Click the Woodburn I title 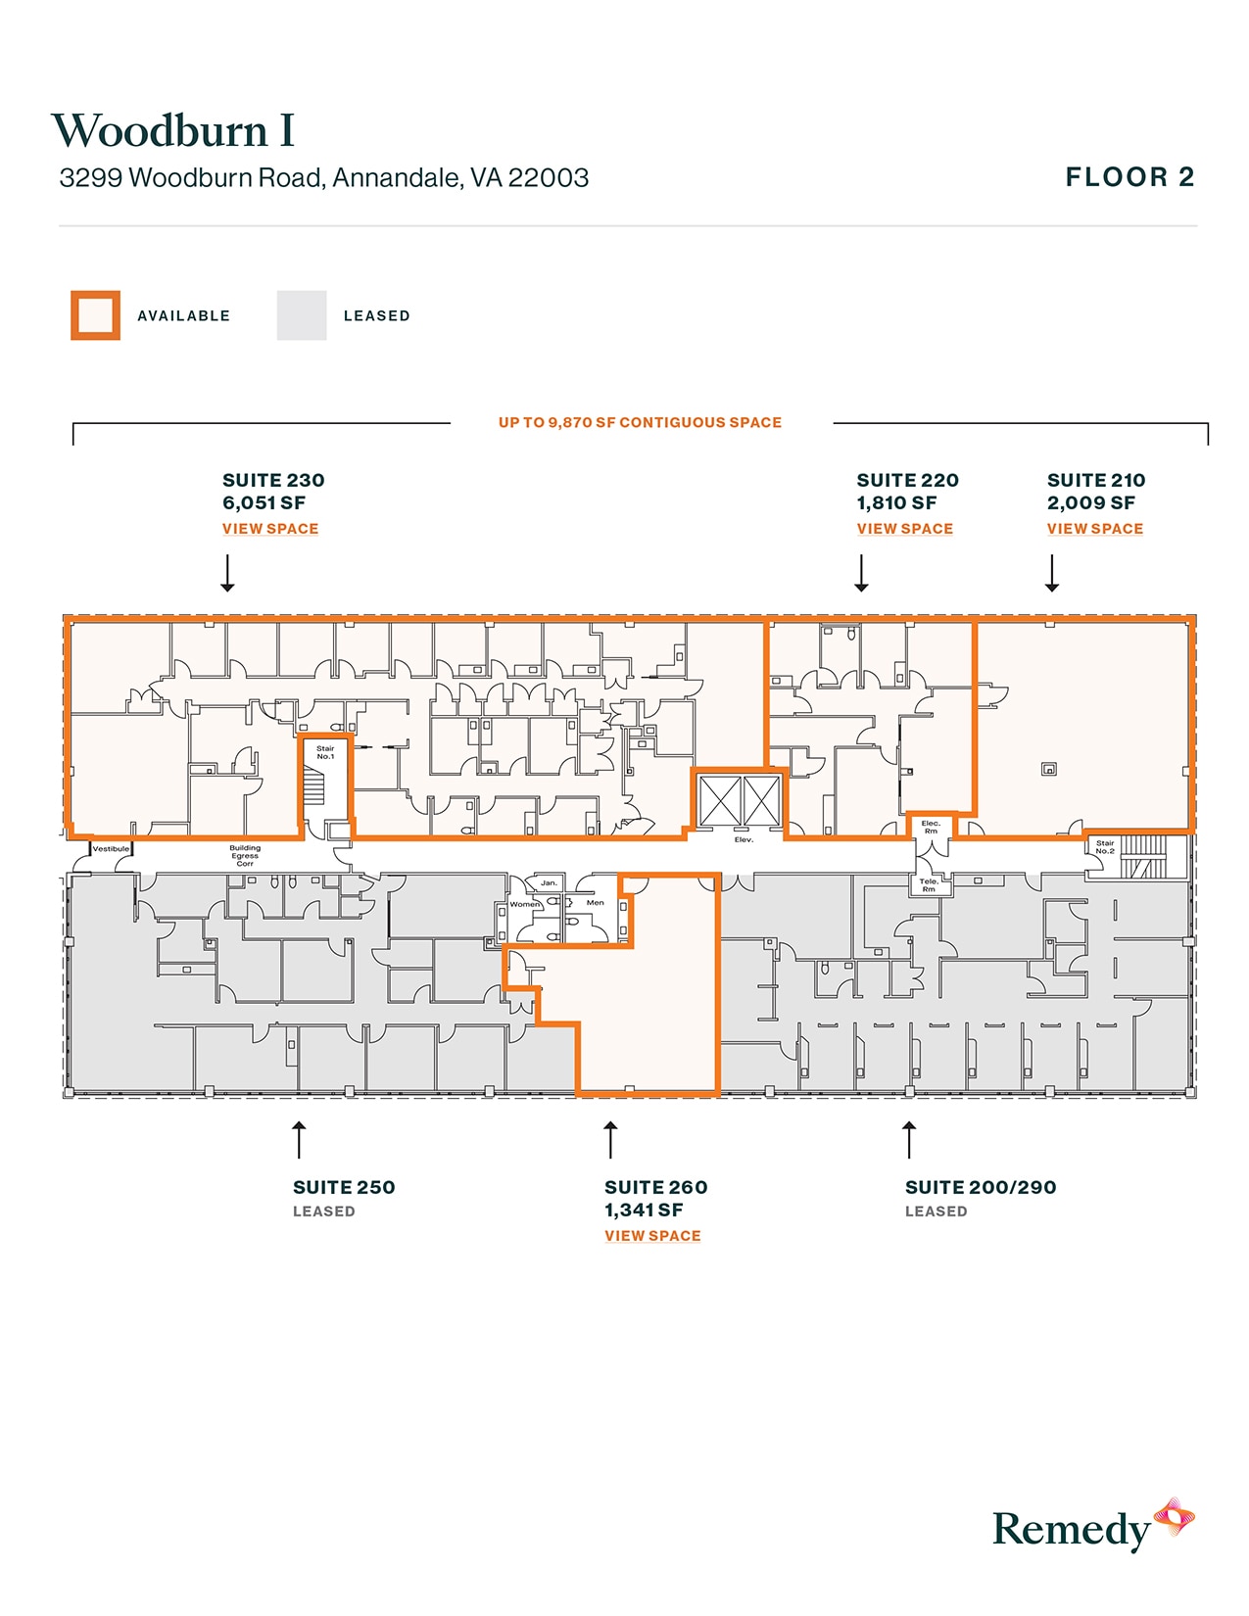point(172,131)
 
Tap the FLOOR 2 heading point(1129,177)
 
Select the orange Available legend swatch point(95,315)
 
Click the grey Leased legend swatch point(302,315)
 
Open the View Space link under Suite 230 point(270,529)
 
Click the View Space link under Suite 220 point(904,529)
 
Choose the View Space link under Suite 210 point(1094,529)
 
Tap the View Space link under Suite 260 point(652,1236)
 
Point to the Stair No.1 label point(325,752)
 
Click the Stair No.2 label point(1105,846)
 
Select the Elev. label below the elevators point(744,839)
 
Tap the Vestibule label point(111,848)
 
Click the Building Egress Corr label point(245,856)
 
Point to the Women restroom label point(525,904)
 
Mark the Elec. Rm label point(931,827)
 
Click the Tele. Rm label point(929,885)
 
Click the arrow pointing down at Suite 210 point(1051,574)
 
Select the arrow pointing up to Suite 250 point(299,1140)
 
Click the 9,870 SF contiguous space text point(640,423)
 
